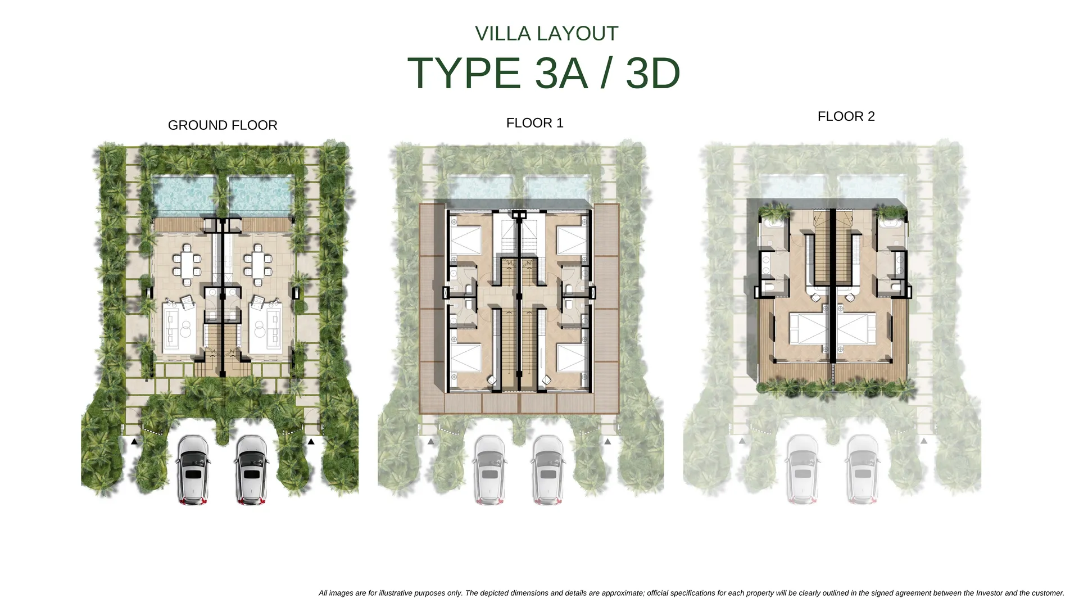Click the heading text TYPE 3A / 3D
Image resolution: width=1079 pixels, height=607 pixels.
click(543, 73)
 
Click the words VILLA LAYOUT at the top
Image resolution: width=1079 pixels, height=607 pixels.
click(546, 34)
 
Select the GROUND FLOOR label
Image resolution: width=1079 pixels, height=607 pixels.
click(223, 125)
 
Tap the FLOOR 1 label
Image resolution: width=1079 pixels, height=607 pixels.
click(534, 123)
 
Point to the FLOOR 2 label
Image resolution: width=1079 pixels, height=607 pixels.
click(846, 116)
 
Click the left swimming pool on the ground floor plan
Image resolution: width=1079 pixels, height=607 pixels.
click(184, 197)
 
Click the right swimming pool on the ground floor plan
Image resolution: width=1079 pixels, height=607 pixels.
click(261, 197)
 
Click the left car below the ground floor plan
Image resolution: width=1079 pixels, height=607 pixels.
click(193, 470)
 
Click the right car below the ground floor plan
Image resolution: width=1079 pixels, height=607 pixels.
click(252, 470)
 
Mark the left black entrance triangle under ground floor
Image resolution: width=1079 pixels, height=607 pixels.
click(134, 442)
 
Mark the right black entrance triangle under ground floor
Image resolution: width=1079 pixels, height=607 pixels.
click(311, 442)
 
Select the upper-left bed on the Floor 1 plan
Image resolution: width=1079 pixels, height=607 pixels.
click(466, 240)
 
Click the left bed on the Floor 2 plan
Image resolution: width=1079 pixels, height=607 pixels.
click(809, 328)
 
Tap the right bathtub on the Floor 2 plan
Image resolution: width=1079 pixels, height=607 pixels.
click(891, 224)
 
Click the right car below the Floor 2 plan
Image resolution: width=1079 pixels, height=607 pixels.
click(863, 470)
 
